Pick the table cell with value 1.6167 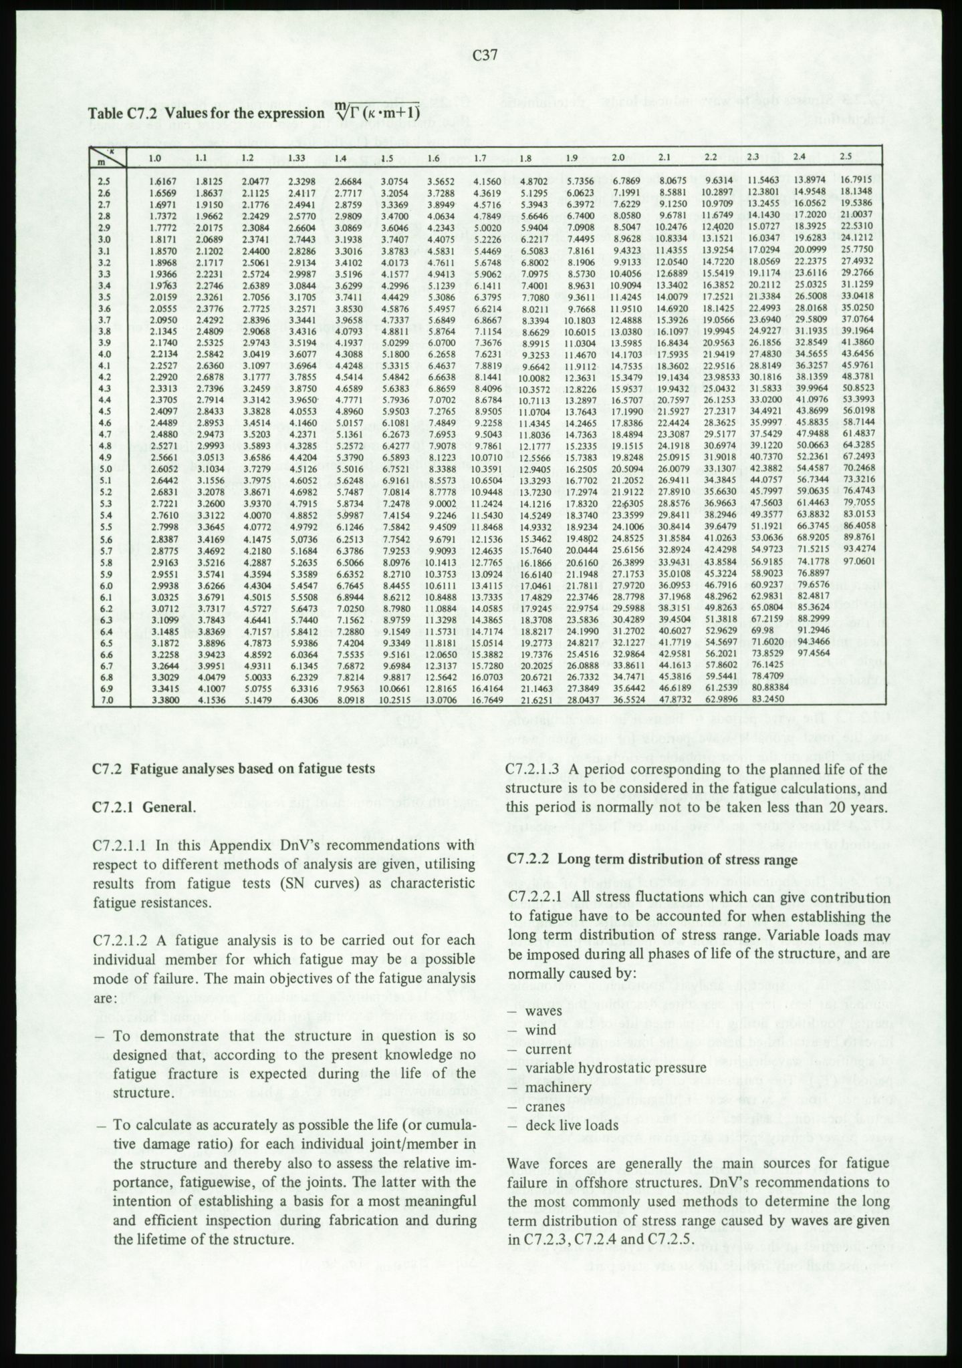[163, 180]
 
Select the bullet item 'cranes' [545, 1106]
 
